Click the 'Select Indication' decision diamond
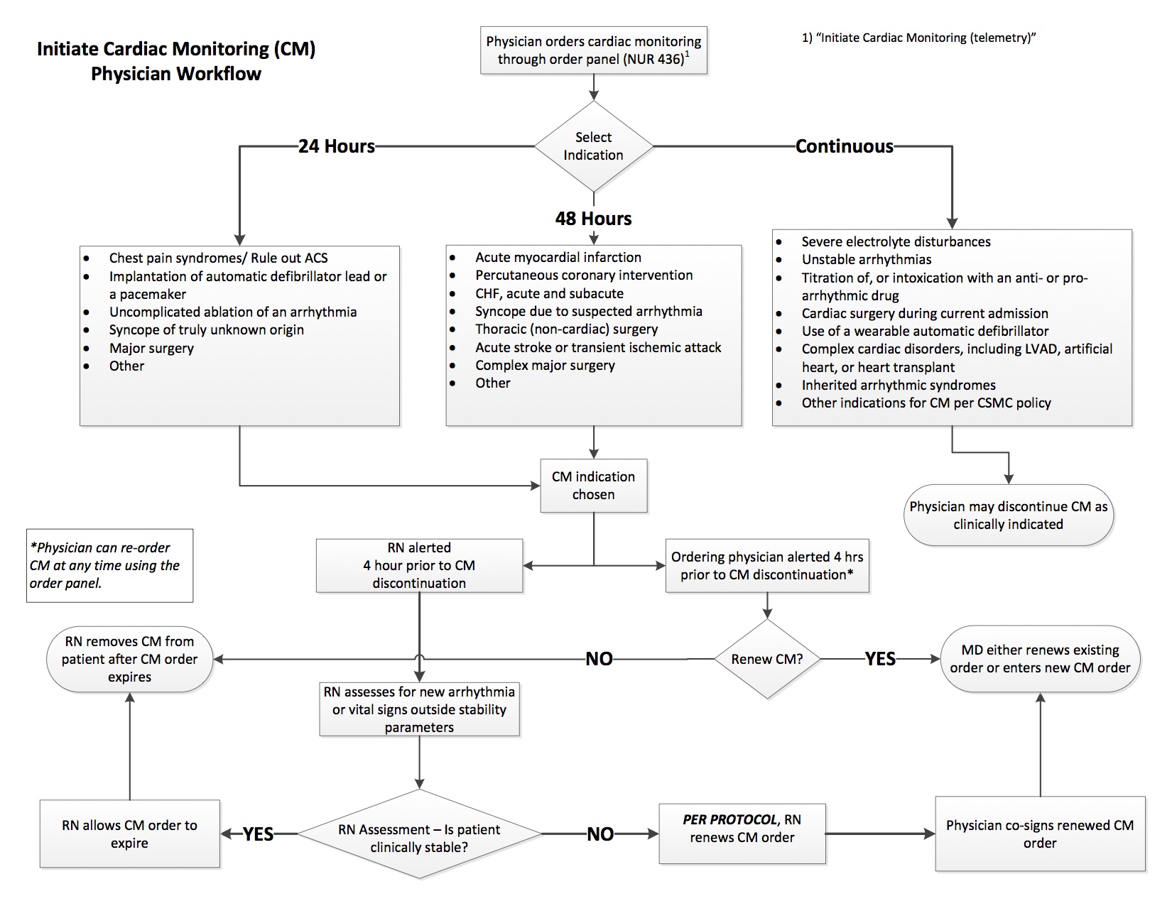coord(593,146)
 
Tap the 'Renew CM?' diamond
coord(766,659)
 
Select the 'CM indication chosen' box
coord(593,485)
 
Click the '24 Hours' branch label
coord(337,146)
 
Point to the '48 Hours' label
coord(593,218)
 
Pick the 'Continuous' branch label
coord(844,146)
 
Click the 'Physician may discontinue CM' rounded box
coord(1008,515)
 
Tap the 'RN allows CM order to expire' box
coord(129,834)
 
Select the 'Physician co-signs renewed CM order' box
coord(1040,834)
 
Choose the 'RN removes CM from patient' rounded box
coord(129,659)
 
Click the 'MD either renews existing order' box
coord(1040,659)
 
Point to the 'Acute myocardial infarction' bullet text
coord(558,257)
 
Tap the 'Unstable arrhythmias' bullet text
coord(866,259)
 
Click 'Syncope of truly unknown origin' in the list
coord(207,329)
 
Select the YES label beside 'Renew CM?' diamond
coord(879,659)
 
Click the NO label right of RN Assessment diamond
coord(599,834)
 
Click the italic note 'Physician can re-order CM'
coord(104,565)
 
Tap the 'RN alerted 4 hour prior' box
coord(419,565)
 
